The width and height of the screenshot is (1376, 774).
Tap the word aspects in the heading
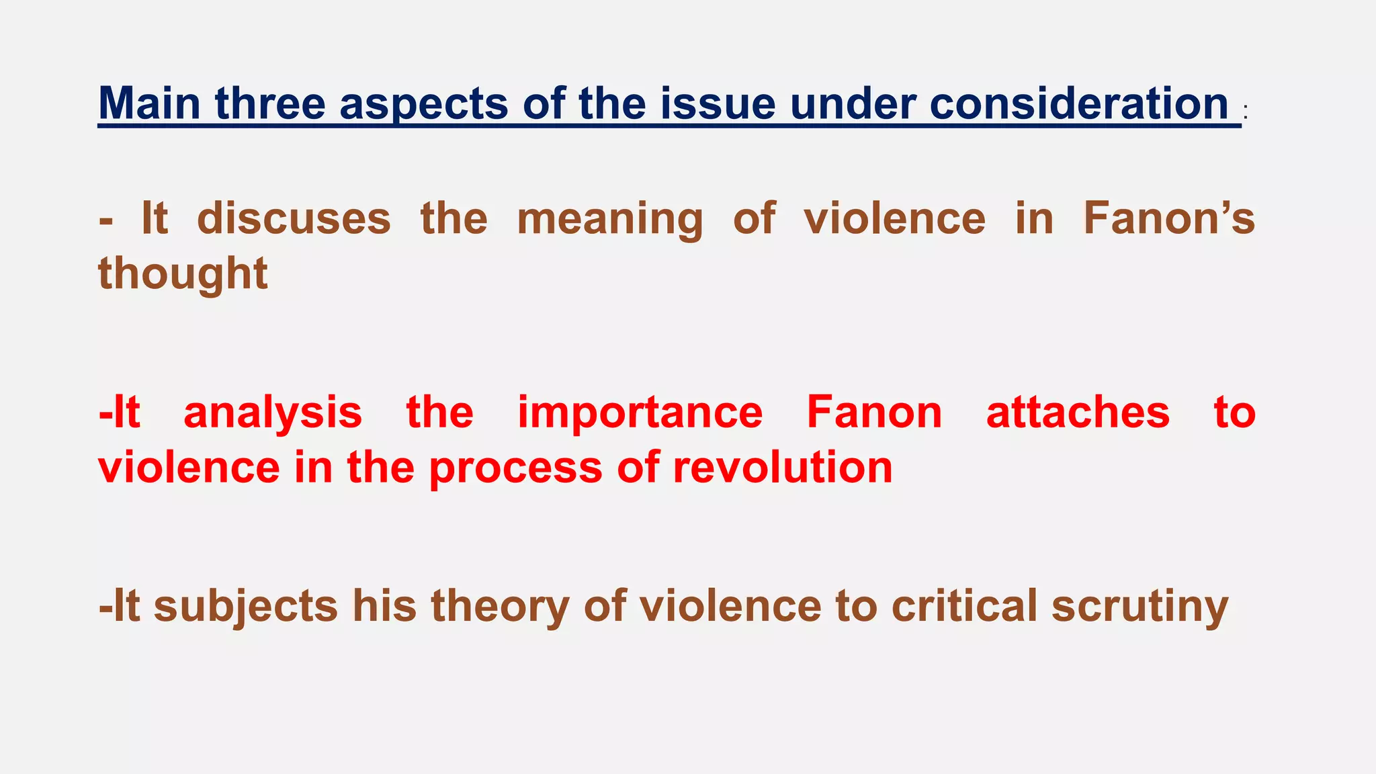tap(424, 105)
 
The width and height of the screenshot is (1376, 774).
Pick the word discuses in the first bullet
tap(294, 218)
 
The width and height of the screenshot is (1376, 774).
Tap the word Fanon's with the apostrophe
tap(1169, 218)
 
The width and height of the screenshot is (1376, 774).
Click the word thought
tap(183, 274)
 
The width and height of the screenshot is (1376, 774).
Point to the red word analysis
tap(273, 413)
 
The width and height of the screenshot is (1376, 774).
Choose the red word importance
tap(640, 413)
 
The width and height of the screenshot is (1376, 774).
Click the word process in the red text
tap(516, 468)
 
